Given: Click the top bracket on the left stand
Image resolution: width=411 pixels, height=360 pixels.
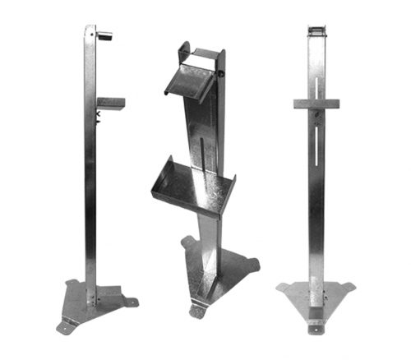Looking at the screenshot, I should (104, 35).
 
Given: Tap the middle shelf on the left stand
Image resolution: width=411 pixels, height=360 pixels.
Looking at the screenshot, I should (111, 104).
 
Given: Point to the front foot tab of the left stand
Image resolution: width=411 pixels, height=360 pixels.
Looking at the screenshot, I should (64, 327).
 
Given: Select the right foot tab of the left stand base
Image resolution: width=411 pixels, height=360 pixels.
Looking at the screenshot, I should (131, 302).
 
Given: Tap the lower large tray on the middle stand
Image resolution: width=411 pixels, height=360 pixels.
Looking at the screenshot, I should (186, 184).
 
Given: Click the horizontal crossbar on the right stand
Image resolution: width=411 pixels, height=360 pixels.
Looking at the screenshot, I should (316, 104).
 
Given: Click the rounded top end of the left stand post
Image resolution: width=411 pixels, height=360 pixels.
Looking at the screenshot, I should (90, 28).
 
